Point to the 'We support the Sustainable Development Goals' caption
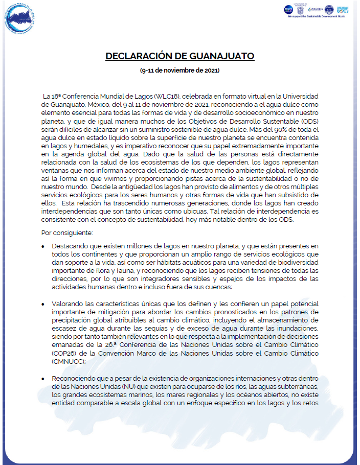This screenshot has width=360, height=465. click(x=319, y=17)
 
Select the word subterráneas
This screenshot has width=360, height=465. click(x=297, y=386)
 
